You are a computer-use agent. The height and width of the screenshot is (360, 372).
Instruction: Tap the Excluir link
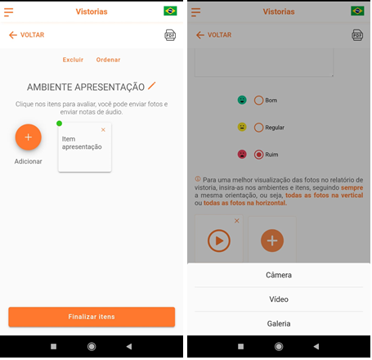(73, 60)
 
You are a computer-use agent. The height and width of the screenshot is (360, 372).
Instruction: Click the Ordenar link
(108, 60)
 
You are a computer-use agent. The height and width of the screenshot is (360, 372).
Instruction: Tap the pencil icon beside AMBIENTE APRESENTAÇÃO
(151, 86)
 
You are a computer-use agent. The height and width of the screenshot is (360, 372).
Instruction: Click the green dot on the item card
(59, 124)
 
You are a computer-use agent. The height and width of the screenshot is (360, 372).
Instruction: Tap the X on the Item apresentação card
(103, 130)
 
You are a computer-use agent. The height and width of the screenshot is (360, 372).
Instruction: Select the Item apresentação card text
(82, 143)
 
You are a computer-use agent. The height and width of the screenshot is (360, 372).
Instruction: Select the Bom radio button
(258, 101)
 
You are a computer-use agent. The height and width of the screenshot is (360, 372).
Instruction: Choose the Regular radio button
(258, 128)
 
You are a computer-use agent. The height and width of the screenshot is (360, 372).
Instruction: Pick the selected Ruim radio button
(258, 155)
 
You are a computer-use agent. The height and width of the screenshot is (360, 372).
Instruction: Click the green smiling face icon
(242, 100)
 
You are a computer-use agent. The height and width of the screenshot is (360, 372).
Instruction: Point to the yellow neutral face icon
(242, 127)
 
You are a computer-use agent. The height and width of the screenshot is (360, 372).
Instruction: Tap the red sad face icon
(242, 155)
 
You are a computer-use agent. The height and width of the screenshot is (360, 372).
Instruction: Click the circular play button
(219, 241)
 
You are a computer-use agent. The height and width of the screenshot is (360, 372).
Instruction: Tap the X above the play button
(237, 221)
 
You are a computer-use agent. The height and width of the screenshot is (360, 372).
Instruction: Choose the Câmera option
(279, 275)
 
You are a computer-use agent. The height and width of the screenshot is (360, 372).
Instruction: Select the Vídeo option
(279, 299)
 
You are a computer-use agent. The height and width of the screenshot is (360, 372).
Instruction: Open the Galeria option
(279, 324)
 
